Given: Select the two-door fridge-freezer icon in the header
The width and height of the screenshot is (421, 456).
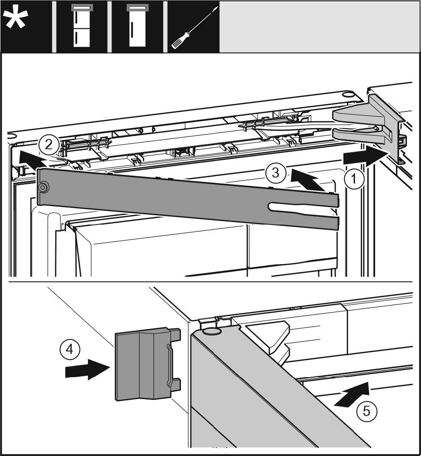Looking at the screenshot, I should pyautogui.click(x=81, y=27).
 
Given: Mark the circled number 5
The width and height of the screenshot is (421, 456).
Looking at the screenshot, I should pyautogui.click(x=367, y=411).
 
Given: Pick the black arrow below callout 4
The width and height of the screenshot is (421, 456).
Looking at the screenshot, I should pyautogui.click(x=85, y=370).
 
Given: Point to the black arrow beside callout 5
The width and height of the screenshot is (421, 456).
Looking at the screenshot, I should pyautogui.click(x=352, y=395).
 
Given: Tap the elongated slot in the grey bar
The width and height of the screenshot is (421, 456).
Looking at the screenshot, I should pyautogui.click(x=300, y=207).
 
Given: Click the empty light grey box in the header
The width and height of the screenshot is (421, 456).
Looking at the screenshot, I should pyautogui.click(x=319, y=27).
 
